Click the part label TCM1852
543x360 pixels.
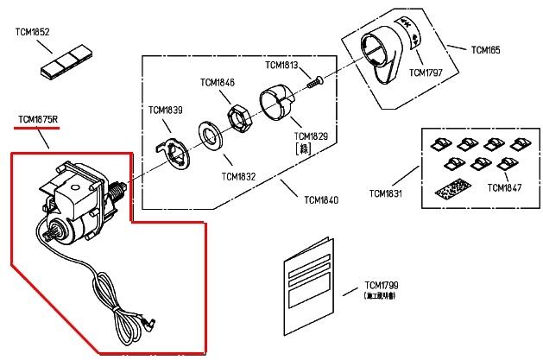33,32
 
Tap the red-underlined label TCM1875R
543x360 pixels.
37,117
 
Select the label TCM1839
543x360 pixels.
165,110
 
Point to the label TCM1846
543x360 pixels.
217,83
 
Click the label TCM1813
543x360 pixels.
281,66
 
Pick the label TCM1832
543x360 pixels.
238,176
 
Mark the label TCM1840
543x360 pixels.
321,200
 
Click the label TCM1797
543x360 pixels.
426,72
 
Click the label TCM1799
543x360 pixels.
381,286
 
